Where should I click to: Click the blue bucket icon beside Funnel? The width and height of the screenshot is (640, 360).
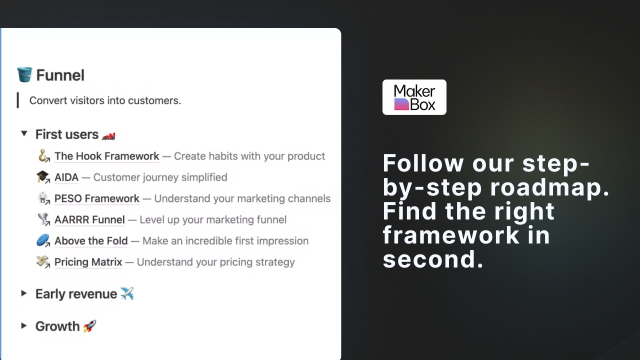[x=24, y=74]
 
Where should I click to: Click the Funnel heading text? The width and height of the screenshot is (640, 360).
[x=60, y=75]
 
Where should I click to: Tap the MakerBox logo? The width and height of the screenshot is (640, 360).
[x=414, y=97]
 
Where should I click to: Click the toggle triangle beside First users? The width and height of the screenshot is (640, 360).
[x=24, y=133]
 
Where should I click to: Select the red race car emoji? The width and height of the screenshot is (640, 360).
[x=108, y=136]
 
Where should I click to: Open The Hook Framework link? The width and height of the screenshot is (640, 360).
[x=106, y=156]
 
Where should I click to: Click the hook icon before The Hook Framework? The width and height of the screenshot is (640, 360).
[x=43, y=155]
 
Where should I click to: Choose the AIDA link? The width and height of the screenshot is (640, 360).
[x=66, y=177]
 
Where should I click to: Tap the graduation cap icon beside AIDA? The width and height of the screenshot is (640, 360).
[x=43, y=177]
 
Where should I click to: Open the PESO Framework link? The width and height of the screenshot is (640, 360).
[x=97, y=198]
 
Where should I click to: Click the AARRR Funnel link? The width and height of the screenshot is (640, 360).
[x=89, y=219]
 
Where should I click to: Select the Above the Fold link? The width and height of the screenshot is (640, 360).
[x=91, y=241]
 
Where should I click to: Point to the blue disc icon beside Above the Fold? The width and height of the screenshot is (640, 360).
[x=43, y=240]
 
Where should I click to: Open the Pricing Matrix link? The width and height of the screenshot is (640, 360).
[x=88, y=262]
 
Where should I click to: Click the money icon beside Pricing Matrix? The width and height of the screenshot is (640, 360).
[x=43, y=261]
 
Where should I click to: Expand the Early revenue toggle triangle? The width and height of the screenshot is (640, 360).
[x=24, y=293]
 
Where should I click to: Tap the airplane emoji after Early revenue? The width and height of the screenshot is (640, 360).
[x=127, y=293]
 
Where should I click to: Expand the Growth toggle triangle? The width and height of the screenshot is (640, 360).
[x=24, y=325]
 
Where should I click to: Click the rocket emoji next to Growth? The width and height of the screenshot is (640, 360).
[x=89, y=326]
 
